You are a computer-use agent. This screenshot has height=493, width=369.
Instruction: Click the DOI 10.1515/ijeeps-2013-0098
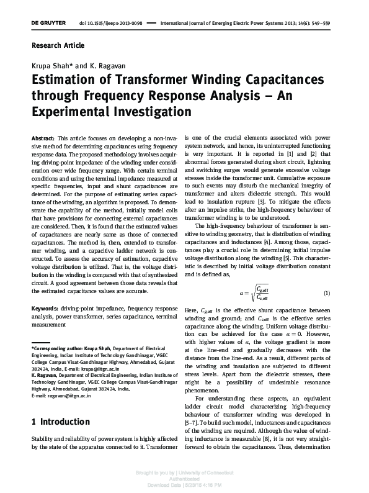(x=111, y=23)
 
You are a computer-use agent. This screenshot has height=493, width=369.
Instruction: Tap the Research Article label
(x=58, y=45)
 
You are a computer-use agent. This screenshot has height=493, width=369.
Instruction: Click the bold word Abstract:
(x=43, y=136)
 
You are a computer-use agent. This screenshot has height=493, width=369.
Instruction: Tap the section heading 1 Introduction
(x=60, y=422)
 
